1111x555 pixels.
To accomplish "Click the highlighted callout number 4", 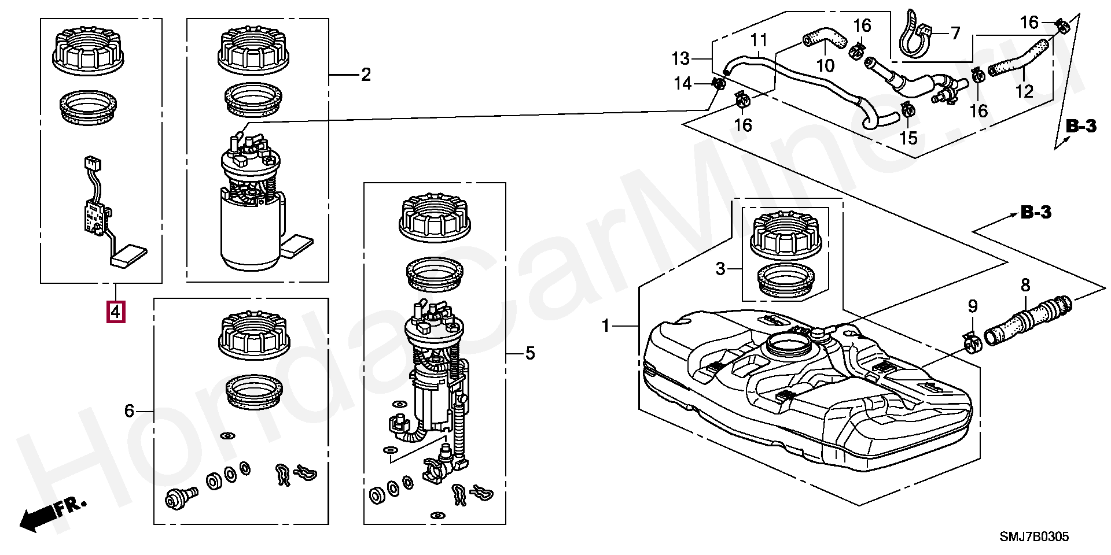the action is click(116, 312).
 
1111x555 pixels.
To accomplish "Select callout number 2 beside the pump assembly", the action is click(366, 75).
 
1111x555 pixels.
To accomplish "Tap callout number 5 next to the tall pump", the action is click(530, 353).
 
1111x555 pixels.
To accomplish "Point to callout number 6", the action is click(129, 411).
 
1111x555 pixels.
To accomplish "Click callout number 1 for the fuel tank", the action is click(606, 326).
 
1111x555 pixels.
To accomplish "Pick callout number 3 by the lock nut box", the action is click(720, 269).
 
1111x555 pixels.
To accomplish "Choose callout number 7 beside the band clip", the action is click(955, 33).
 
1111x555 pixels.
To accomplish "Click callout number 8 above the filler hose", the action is click(1025, 285).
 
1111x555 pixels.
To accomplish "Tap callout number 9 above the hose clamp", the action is click(973, 306).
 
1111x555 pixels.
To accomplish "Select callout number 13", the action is click(680, 58).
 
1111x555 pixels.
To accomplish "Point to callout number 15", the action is click(908, 138).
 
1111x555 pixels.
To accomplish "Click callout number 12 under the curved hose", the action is click(1024, 91).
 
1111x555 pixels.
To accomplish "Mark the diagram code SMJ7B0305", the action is click(1035, 536).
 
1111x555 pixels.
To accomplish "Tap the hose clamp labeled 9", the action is click(973, 344).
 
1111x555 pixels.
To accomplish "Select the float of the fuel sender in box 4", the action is click(129, 256).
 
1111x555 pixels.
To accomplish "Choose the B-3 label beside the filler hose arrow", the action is click(1036, 213).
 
